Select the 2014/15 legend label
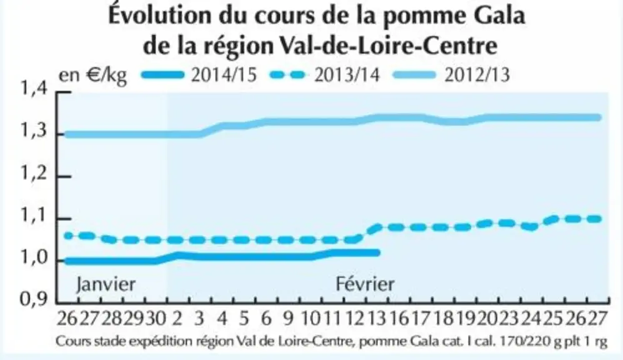click(x=224, y=75)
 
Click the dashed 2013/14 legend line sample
click(x=288, y=75)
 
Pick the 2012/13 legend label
click(x=477, y=75)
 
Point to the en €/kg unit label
click(x=92, y=75)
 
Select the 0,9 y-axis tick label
click(x=34, y=299)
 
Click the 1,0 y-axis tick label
click(x=34, y=258)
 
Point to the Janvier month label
click(x=106, y=284)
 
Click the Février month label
click(x=365, y=284)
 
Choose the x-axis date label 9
click(x=287, y=318)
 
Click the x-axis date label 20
click(x=487, y=318)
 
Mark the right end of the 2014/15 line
click(x=378, y=252)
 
